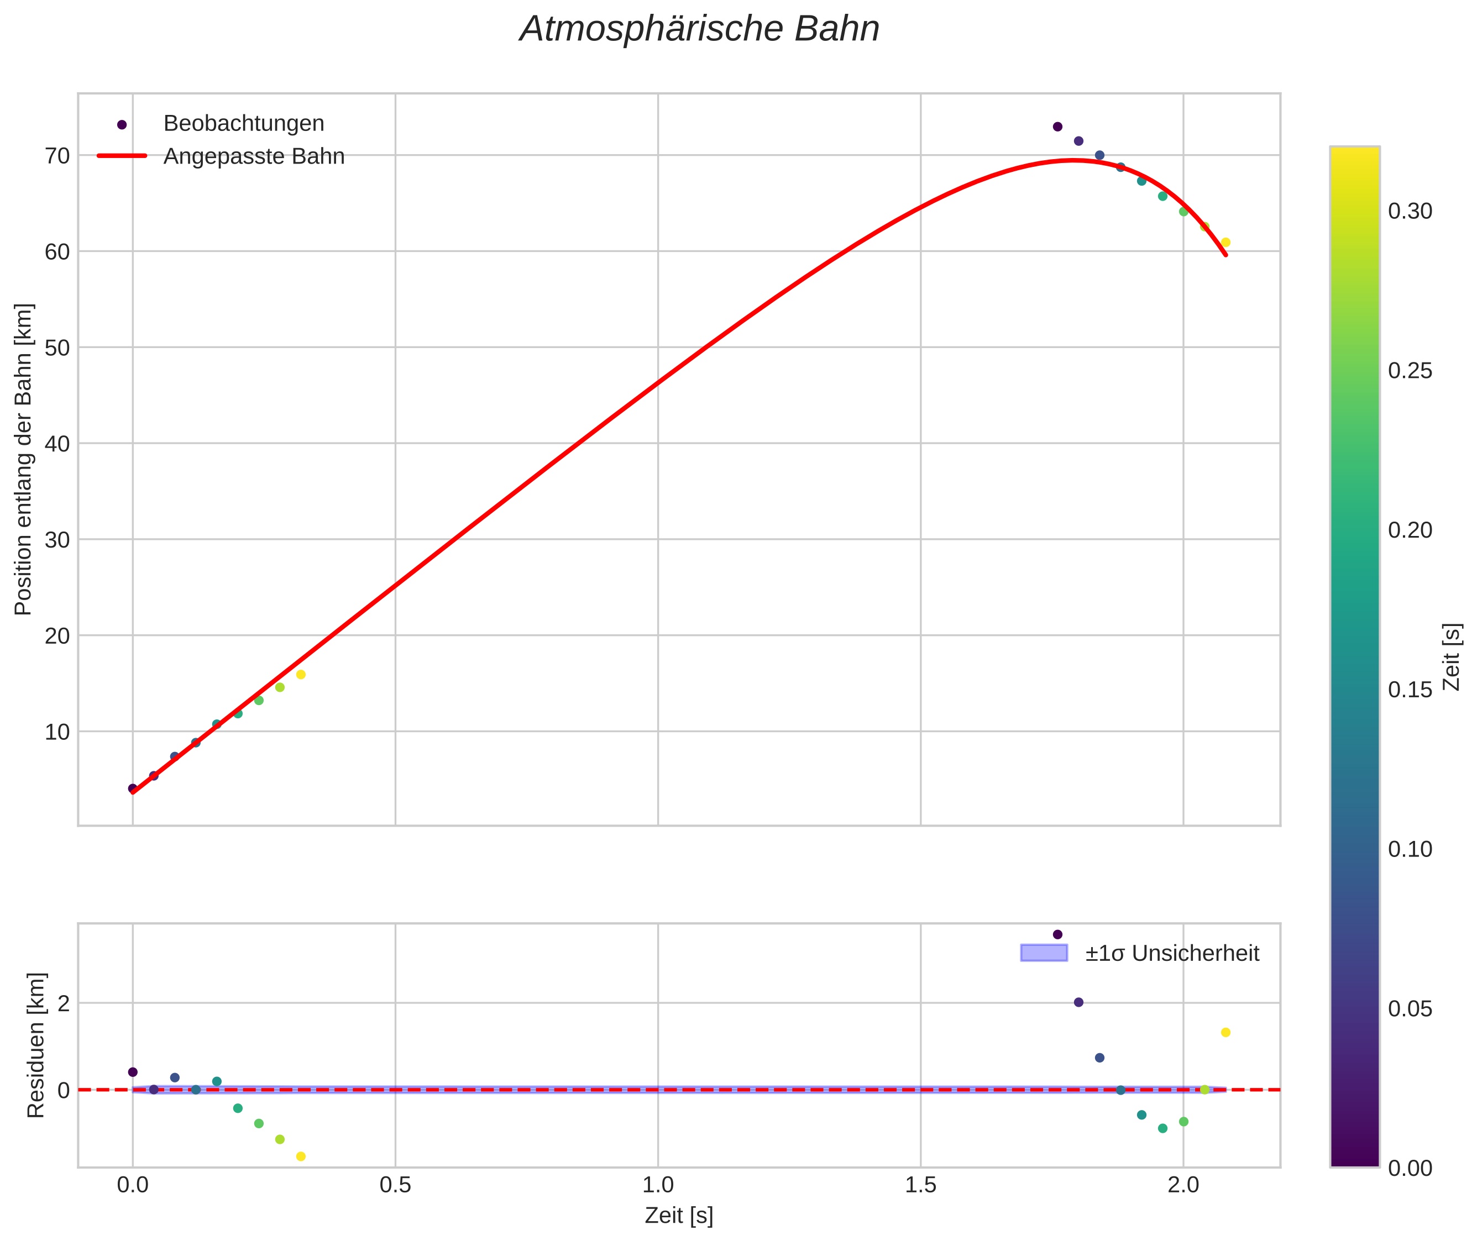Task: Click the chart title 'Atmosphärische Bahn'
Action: pyautogui.click(x=699, y=29)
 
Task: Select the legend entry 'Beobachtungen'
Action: pyautogui.click(x=243, y=124)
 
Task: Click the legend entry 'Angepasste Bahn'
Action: pyautogui.click(x=253, y=156)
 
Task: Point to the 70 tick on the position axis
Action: pyautogui.click(x=57, y=155)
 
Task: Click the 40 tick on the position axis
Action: pyautogui.click(x=57, y=443)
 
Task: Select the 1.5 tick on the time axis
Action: pyautogui.click(x=920, y=1185)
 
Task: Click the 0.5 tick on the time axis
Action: pyautogui.click(x=395, y=1185)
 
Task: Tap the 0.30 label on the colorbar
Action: pyautogui.click(x=1410, y=211)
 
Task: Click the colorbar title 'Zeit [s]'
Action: pyautogui.click(x=1452, y=657)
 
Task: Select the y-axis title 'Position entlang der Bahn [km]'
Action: pyautogui.click(x=23, y=459)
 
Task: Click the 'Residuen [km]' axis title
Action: pyautogui.click(x=35, y=1045)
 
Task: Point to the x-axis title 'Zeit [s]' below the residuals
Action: pyautogui.click(x=679, y=1216)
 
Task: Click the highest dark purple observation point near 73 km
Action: pyautogui.click(x=1057, y=127)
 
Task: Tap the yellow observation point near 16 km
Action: pyautogui.click(x=301, y=675)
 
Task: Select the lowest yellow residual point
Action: pyautogui.click(x=301, y=1156)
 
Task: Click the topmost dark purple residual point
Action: pyautogui.click(x=1057, y=934)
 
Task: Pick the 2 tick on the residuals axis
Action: pyautogui.click(x=64, y=1003)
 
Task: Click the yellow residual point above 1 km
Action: pyautogui.click(x=1225, y=1033)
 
